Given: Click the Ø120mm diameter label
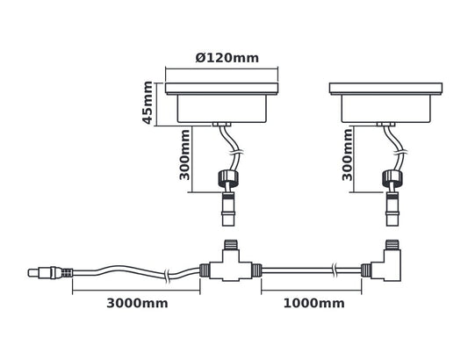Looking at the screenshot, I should [227, 58].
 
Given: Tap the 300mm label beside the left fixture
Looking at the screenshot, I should [185, 155].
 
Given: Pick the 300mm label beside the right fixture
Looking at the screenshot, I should [349, 155].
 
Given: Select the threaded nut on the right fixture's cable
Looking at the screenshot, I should [391, 180].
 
